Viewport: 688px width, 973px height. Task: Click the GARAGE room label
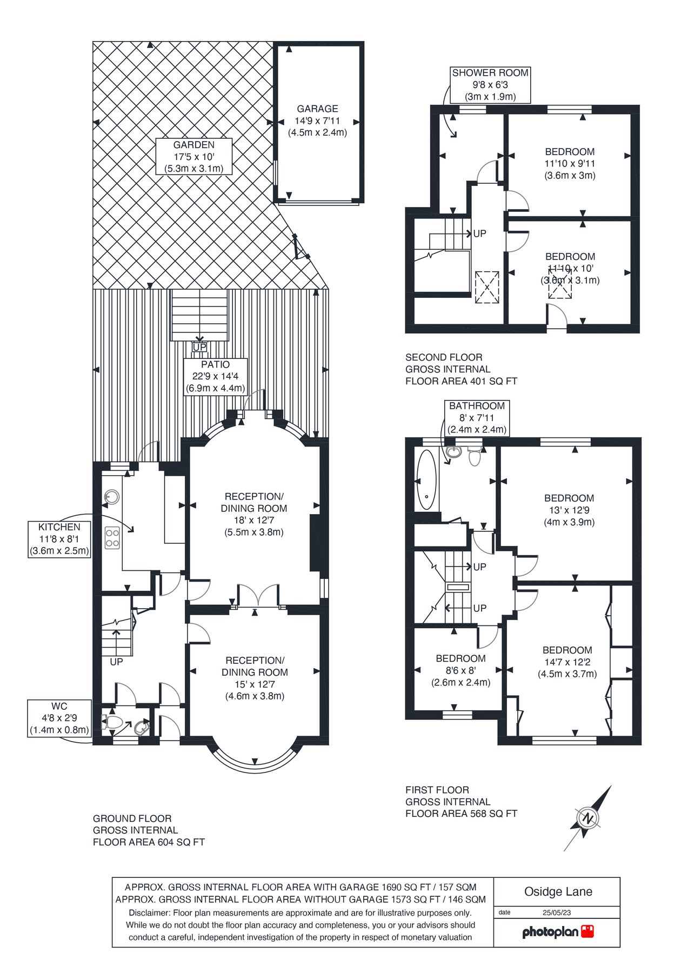[x=317, y=120]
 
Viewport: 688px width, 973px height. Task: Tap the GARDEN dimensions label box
[x=193, y=156]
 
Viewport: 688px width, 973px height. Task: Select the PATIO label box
[x=215, y=376]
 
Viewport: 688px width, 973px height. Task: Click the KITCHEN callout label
[x=59, y=539]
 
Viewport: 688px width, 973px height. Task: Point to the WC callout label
[x=59, y=718]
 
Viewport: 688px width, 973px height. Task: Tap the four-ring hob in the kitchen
[x=112, y=537]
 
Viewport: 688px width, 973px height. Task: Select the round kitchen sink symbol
[x=112, y=496]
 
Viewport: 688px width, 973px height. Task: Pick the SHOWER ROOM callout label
[x=490, y=85]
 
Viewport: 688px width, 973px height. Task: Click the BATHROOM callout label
[x=477, y=417]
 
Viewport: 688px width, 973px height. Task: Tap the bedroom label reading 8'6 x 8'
[x=460, y=670]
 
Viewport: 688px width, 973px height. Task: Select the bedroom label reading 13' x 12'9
[x=569, y=510]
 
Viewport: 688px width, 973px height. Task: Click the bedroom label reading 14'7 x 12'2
[x=567, y=662]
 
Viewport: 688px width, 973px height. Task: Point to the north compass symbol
[x=588, y=818]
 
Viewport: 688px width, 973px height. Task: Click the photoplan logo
[x=557, y=932]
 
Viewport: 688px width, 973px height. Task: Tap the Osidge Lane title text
[x=558, y=892]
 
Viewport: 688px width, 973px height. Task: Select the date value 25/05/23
[x=557, y=912]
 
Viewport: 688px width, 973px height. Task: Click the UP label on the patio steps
[x=199, y=347]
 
